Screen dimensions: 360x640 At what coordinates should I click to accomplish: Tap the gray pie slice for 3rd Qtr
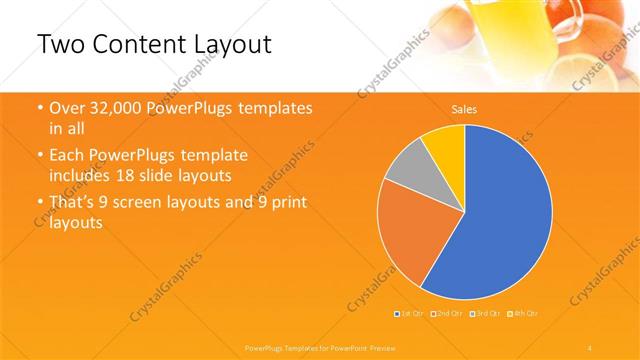(409, 171)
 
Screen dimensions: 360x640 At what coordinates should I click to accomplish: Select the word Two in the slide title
(62, 46)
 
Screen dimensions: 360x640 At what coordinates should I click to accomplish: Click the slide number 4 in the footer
(591, 346)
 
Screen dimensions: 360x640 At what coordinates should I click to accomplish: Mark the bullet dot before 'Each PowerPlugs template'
(39, 157)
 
